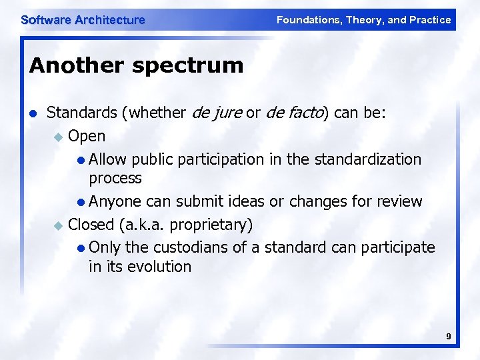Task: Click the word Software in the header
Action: [x=46, y=20]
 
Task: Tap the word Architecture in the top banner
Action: [x=110, y=20]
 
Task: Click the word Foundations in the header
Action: [x=307, y=20]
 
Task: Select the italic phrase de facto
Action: [x=294, y=113]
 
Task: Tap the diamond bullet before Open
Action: [x=58, y=137]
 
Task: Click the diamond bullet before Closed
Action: [x=58, y=223]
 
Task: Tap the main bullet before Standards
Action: [x=33, y=114]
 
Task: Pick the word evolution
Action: [x=159, y=267]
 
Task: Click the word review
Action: [x=399, y=201]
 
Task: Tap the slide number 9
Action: [x=449, y=337]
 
